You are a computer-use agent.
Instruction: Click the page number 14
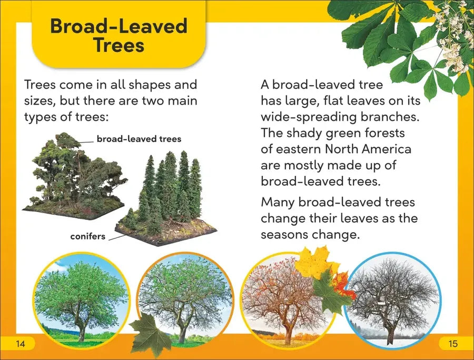click(x=20, y=344)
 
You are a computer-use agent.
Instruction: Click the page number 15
click(x=453, y=344)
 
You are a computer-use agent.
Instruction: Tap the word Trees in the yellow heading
click(x=119, y=45)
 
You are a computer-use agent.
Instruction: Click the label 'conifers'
click(x=87, y=236)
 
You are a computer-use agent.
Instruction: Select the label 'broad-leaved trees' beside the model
click(x=139, y=139)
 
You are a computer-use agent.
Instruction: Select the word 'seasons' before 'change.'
click(x=284, y=235)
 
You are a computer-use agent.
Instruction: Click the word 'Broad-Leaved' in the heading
click(x=119, y=26)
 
